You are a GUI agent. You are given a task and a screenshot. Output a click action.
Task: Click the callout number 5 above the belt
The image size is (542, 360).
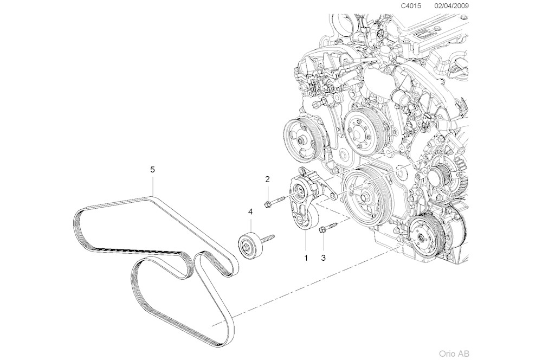click(x=152, y=170)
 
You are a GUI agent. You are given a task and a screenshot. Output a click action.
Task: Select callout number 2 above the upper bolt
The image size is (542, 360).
click(x=267, y=179)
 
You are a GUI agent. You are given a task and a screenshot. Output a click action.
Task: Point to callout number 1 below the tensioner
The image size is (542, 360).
click(x=306, y=258)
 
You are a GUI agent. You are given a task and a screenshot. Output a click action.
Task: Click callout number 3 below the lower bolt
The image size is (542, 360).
click(x=323, y=258)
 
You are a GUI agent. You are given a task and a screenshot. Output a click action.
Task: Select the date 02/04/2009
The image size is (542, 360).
click(x=452, y=6)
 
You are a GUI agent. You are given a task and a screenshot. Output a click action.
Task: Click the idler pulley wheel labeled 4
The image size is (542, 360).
click(x=248, y=246)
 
